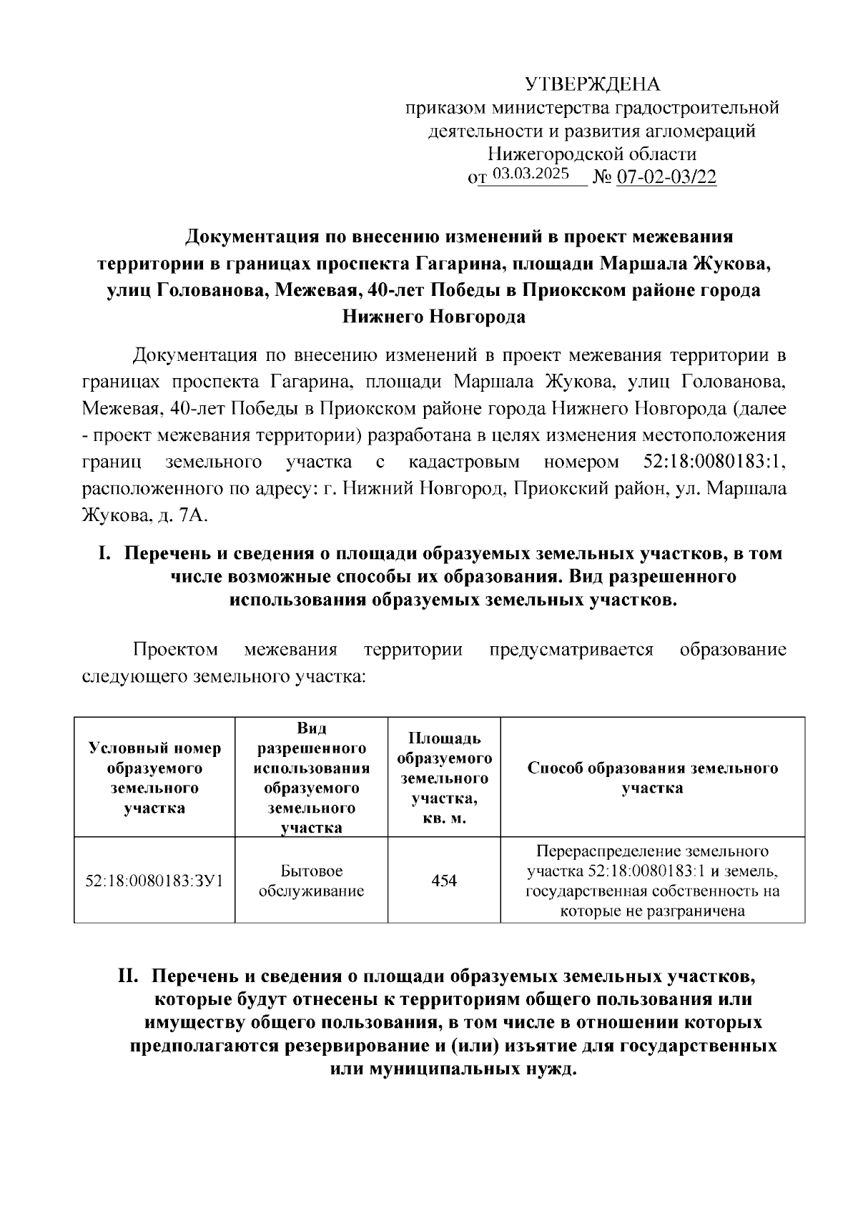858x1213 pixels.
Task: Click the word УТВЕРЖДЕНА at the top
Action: pos(593,84)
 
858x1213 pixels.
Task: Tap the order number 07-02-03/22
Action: pos(666,177)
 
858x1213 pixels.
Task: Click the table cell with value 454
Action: pos(444,881)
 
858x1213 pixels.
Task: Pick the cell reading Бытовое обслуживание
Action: pos(311,881)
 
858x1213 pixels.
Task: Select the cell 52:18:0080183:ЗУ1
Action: pos(154,881)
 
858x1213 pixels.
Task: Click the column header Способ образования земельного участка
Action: pos(652,778)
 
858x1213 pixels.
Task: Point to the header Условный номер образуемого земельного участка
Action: pos(154,778)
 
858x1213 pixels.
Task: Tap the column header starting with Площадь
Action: pos(444,778)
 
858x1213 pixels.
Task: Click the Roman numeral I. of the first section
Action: pos(105,553)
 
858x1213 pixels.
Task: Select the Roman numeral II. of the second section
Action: pos(131,976)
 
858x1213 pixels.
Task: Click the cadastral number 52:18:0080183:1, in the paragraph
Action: pos(710,462)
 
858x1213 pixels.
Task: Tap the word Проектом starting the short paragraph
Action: pos(175,650)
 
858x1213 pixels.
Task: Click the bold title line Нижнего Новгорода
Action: pos(434,316)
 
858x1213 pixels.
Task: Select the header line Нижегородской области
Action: pos(592,154)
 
